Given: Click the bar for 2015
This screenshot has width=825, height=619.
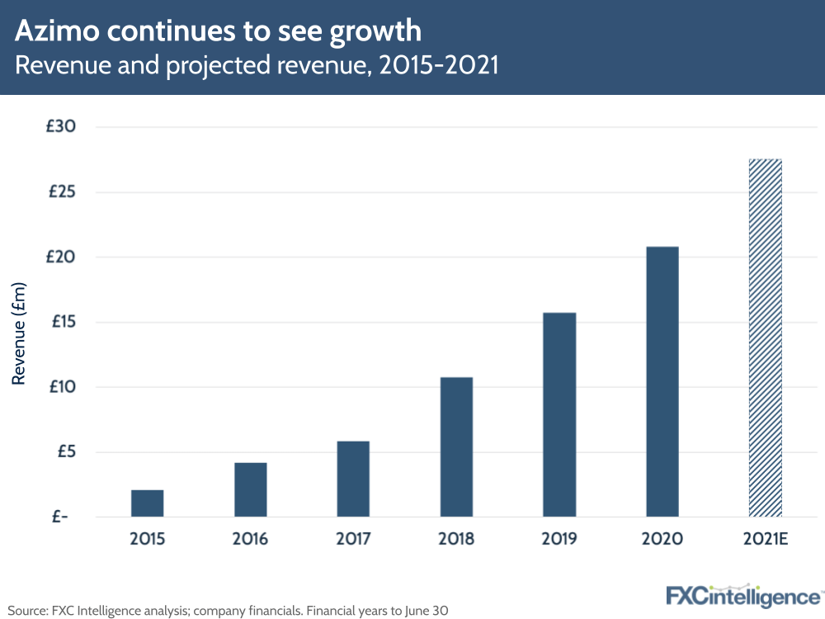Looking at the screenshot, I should tap(147, 503).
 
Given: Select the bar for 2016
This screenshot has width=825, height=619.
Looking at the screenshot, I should tap(250, 490).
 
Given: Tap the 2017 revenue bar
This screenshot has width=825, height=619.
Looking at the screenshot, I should tap(353, 480).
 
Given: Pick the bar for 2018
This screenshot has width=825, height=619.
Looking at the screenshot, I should tap(456, 447).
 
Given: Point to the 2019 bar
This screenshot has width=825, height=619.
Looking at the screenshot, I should tap(559, 415).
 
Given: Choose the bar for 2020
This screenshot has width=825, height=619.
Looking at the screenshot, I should tap(662, 382).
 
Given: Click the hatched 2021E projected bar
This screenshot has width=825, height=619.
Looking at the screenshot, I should tap(765, 338).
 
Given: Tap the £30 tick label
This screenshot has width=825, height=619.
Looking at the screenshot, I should tap(62, 127).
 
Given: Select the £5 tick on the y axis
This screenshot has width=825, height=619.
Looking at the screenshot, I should tap(65, 451).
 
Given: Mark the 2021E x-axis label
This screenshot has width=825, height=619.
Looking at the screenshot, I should tap(765, 540).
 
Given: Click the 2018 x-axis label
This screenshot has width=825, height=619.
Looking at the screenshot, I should tap(456, 540).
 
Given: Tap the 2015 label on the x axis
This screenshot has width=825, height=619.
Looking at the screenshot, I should tap(147, 540).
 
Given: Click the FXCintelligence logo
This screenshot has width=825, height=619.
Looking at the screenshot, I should tap(743, 596).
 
